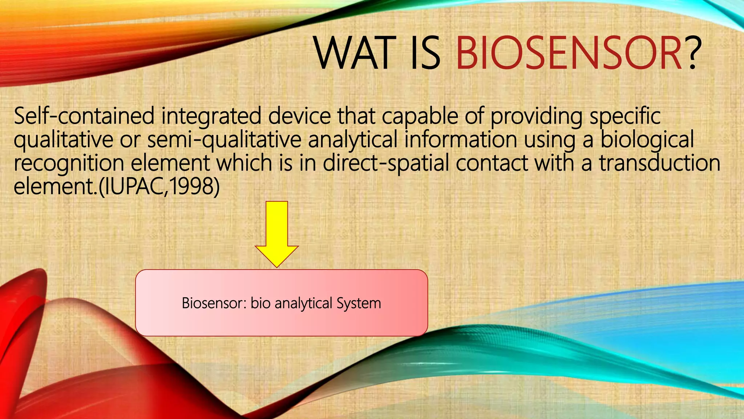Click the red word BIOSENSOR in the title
tap(569, 53)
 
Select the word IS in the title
tap(425, 53)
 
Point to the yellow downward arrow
tap(277, 233)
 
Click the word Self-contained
tap(84, 116)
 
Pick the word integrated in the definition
tap(211, 116)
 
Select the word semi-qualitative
tap(224, 140)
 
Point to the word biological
tap(647, 140)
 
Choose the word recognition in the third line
tap(69, 164)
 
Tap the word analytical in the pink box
tap(303, 303)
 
